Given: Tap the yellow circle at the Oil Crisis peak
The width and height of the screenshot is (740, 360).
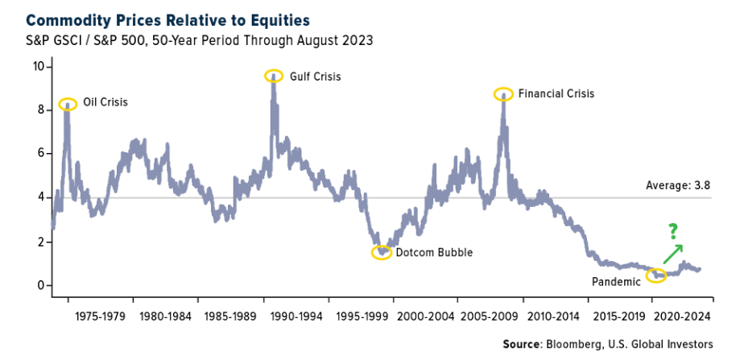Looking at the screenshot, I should [68, 103].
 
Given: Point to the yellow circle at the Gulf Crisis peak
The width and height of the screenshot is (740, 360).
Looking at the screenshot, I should [274, 75].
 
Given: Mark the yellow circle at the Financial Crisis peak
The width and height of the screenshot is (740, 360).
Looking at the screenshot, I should [503, 93].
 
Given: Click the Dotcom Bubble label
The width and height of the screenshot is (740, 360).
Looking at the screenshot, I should [433, 252].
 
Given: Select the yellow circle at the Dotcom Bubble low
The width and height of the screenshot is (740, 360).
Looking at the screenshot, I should [382, 252].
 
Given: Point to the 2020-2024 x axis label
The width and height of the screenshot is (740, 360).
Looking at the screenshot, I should [683, 317].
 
